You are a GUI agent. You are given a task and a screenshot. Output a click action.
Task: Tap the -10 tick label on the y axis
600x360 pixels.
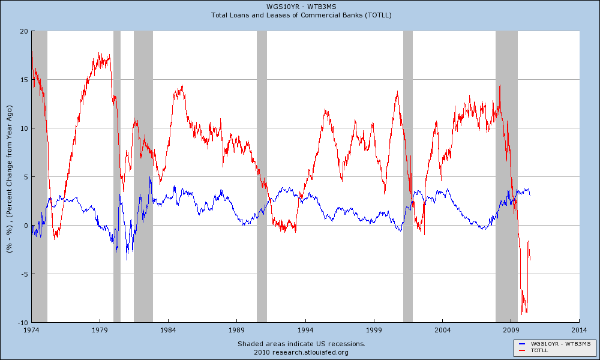coord(23,323)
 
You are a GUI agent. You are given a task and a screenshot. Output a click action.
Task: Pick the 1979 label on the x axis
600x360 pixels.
coord(100,330)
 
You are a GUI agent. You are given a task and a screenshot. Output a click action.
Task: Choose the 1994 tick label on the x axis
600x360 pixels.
coord(305,330)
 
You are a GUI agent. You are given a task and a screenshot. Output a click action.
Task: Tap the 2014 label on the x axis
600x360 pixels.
coord(580,330)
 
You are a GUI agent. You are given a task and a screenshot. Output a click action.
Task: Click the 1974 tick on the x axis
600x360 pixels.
coord(31,330)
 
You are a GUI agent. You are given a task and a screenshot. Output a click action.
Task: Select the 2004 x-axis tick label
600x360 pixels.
coord(442,330)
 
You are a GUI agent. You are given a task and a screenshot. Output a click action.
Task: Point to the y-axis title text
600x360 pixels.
coord(9,177)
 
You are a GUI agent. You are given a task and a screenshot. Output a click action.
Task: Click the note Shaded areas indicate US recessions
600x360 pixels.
coord(301,344)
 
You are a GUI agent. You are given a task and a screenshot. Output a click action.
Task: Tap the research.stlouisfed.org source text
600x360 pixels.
coord(301,352)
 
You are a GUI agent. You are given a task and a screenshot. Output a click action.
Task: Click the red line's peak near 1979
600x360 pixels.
coord(100,54)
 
